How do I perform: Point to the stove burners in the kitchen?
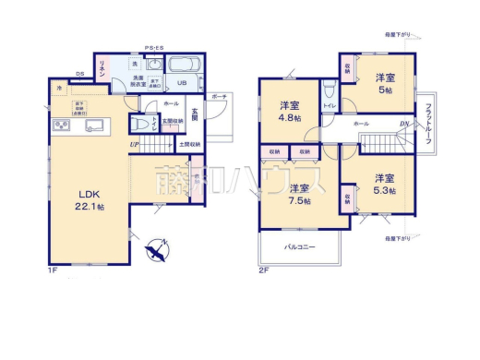(59, 126)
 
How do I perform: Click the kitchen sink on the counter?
(94, 125)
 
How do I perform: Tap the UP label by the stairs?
(135, 144)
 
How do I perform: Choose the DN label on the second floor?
(403, 125)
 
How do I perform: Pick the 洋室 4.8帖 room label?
(294, 111)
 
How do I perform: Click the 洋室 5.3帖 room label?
(384, 184)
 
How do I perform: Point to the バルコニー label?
(299, 247)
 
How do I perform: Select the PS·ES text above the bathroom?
(153, 48)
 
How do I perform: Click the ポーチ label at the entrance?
(219, 96)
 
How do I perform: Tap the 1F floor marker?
(54, 270)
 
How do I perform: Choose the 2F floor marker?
(263, 270)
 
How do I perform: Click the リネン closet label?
(103, 72)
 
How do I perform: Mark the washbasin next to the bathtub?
(154, 66)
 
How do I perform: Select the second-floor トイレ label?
(329, 108)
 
